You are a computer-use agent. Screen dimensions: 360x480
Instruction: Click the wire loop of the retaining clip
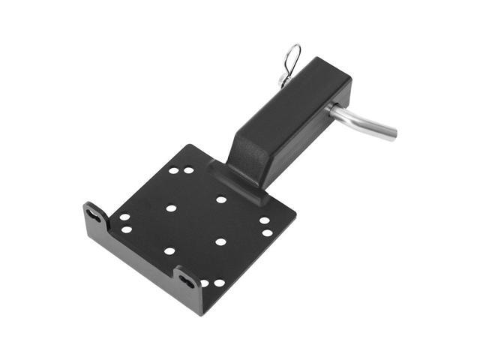[x=293, y=55]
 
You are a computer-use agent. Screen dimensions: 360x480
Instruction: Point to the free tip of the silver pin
[x=392, y=136]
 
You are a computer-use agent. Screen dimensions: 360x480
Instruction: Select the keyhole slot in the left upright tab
[x=94, y=214]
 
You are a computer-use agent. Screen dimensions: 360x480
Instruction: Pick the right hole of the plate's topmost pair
[x=188, y=170]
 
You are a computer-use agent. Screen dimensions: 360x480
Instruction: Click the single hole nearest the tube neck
[x=221, y=199]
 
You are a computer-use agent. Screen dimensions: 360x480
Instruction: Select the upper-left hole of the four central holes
[x=171, y=208]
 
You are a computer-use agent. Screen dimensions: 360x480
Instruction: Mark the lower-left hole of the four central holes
[x=169, y=251]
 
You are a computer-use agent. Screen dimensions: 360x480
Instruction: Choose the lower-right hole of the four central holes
[x=220, y=241]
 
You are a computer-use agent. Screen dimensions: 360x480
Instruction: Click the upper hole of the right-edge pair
[x=264, y=220]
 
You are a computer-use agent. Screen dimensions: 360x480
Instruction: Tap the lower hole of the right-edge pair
[x=267, y=232]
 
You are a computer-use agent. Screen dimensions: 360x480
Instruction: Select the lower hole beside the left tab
[x=126, y=229]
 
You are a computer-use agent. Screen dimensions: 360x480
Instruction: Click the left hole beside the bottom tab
[x=204, y=283]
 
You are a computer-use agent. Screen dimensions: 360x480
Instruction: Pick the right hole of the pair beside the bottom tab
[x=219, y=283]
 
